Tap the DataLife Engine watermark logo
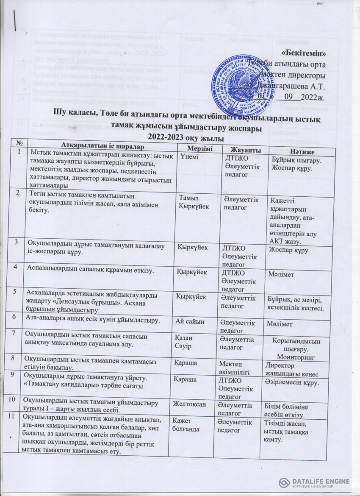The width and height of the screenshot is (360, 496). pyautogui.click(x=314, y=483)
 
